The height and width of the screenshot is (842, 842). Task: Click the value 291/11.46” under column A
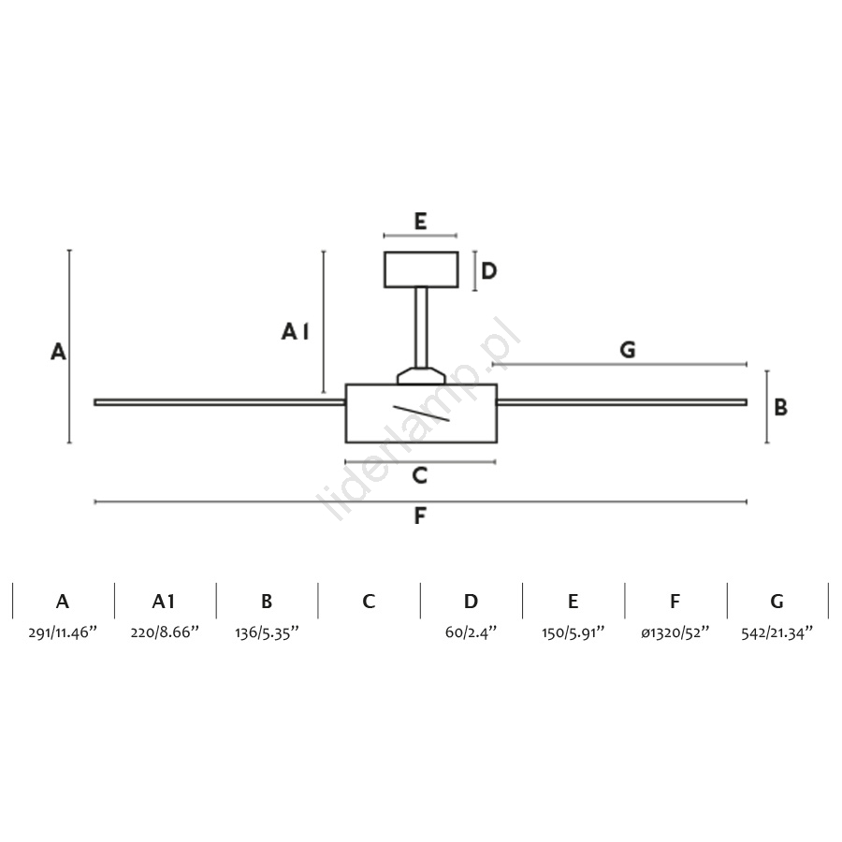point(63,632)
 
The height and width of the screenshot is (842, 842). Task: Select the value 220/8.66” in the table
point(165,632)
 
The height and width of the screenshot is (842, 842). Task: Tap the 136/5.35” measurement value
point(267,632)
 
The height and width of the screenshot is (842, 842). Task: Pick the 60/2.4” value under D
point(471,632)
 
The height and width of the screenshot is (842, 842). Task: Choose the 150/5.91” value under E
point(573,632)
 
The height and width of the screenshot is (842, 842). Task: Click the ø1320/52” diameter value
point(675,632)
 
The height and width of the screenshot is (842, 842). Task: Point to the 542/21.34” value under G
point(777,632)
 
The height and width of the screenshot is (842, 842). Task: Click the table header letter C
point(369,602)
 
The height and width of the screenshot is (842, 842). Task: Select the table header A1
point(164,602)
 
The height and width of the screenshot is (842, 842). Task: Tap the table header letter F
point(675,602)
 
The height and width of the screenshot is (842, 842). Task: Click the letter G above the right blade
point(628,350)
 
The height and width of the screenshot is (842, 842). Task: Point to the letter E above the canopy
point(420,221)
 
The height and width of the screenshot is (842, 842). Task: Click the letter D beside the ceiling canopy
point(488,270)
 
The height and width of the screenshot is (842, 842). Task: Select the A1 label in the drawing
point(296,331)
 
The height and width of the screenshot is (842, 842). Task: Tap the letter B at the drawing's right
point(781,407)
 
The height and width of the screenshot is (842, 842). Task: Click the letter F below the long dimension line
point(420,515)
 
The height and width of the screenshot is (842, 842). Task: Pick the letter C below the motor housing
point(420,475)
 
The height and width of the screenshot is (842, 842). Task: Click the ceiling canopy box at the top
point(421,269)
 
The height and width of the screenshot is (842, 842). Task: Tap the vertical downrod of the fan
point(422,327)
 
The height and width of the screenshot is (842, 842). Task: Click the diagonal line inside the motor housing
point(421,413)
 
